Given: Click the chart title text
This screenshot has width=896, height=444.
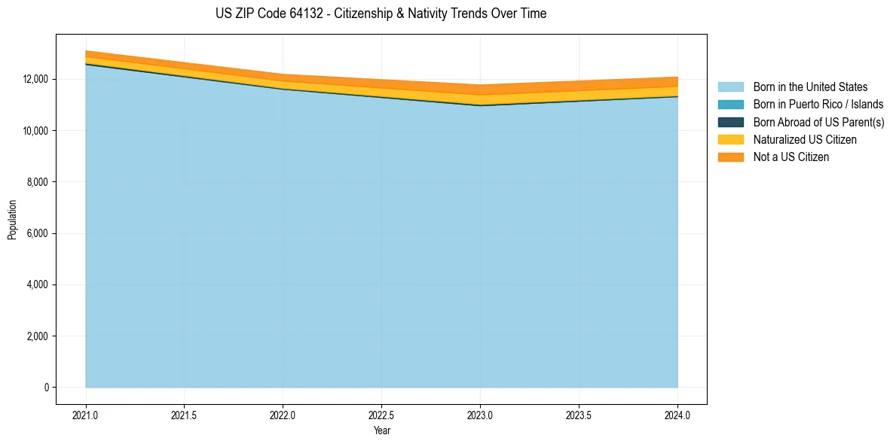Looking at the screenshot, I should point(381,14).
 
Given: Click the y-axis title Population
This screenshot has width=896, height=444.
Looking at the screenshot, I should point(12,220).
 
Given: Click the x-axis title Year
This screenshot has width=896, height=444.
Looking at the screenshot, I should point(382,430).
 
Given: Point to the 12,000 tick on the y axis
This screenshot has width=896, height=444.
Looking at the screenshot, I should point(35,79).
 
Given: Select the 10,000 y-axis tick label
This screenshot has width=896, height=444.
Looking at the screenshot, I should point(35,131).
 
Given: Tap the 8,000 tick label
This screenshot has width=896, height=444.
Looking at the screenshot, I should point(38,182).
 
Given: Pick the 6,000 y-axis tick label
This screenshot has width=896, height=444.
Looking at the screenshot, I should point(38,233).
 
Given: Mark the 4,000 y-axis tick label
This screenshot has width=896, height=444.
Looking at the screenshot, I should point(38,284).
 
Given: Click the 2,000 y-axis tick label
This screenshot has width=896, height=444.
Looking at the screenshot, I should point(38,336).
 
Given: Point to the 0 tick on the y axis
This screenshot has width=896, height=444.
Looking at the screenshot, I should point(46,388).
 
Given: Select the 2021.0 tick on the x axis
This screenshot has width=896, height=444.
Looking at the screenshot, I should point(85,415).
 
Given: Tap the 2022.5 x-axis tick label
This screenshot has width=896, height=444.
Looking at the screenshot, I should point(381,415).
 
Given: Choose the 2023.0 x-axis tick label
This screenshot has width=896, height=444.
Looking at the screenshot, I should point(480,415).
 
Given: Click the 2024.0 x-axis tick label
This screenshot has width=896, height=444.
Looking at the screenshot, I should point(677,415).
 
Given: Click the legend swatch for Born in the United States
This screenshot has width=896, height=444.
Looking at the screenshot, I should point(730,87).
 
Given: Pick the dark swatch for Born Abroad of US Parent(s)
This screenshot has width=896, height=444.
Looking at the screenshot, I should point(730,122).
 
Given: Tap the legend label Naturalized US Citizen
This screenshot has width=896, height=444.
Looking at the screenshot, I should point(805,140).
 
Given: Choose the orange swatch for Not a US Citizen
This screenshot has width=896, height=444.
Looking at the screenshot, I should point(730,157).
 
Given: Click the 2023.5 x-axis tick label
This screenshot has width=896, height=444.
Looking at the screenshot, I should point(579,415).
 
